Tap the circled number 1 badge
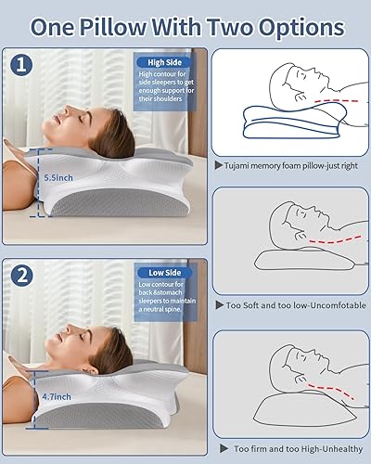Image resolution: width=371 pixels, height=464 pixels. [21, 67]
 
